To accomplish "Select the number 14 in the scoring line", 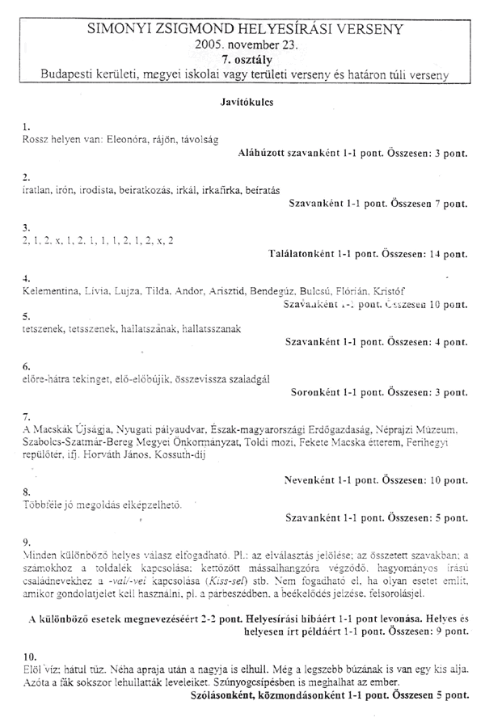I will click(436, 254).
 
